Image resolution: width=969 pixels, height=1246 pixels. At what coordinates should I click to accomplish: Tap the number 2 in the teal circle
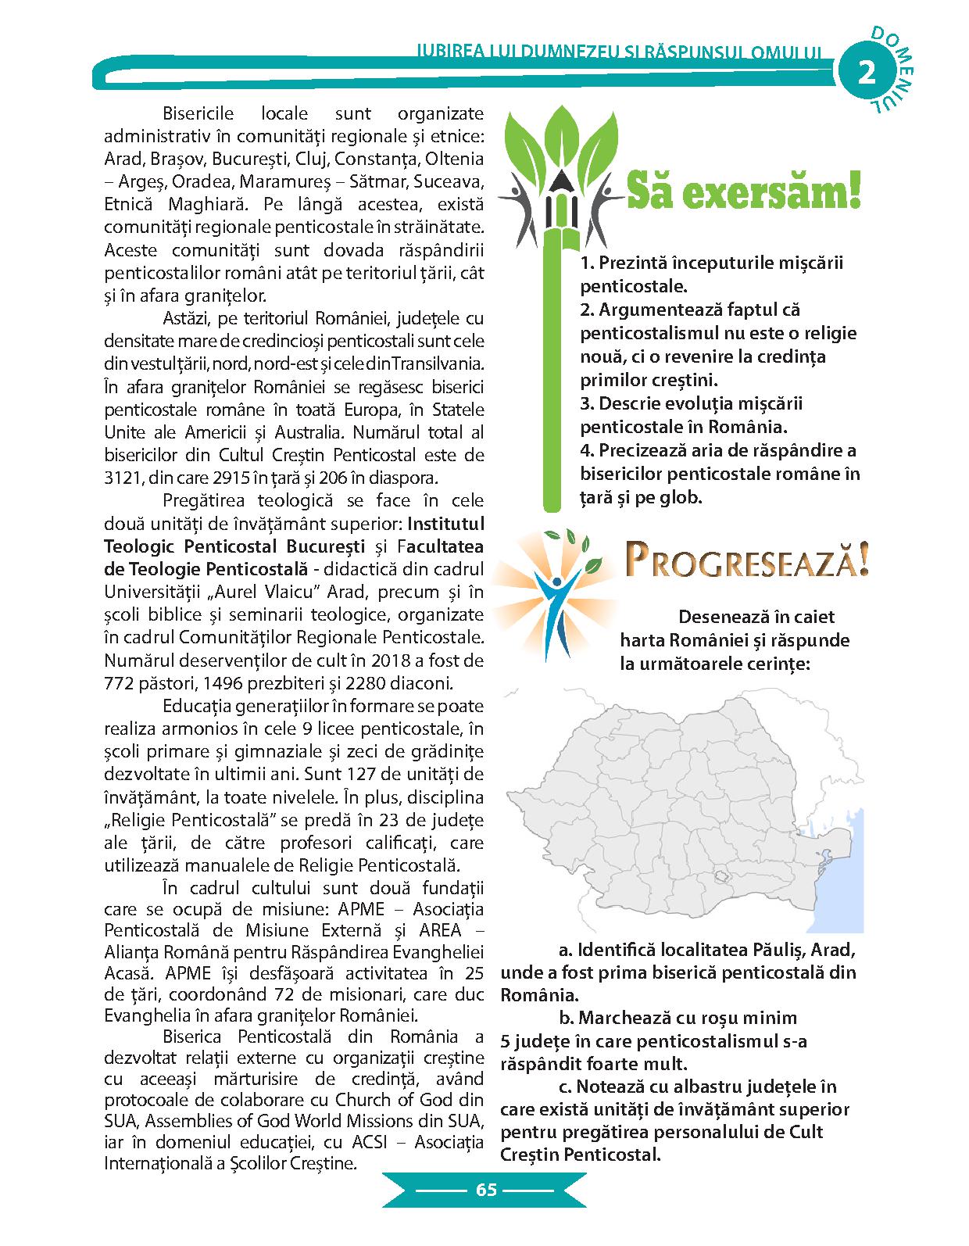tap(868, 73)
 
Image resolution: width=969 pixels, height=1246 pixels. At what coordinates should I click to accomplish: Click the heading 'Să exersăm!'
tap(743, 192)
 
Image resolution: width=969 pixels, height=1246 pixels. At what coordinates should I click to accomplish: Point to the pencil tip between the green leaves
tap(560, 184)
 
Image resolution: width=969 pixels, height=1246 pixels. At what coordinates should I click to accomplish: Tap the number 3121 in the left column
tap(124, 478)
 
